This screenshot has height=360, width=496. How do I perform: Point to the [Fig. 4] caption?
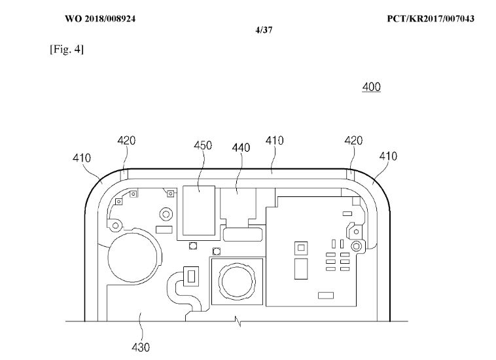pyautogui.click(x=67, y=51)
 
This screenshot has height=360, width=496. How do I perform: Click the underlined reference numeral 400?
pyautogui.click(x=371, y=86)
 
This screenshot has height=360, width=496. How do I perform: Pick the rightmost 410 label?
pyautogui.click(x=387, y=156)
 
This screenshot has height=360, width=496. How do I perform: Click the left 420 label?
pyautogui.click(x=126, y=140)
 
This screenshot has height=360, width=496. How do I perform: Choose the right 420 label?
pyautogui.click(x=353, y=141)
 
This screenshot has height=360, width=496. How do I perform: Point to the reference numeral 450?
pyautogui.click(x=202, y=145)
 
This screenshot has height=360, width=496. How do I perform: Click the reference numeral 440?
pyautogui.click(x=241, y=148)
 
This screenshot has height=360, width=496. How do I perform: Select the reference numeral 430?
pyautogui.click(x=141, y=347)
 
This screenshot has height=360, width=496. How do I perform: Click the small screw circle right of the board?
pyautogui.click(x=357, y=247)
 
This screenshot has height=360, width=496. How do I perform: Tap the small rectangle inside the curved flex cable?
pyautogui.click(x=192, y=277)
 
